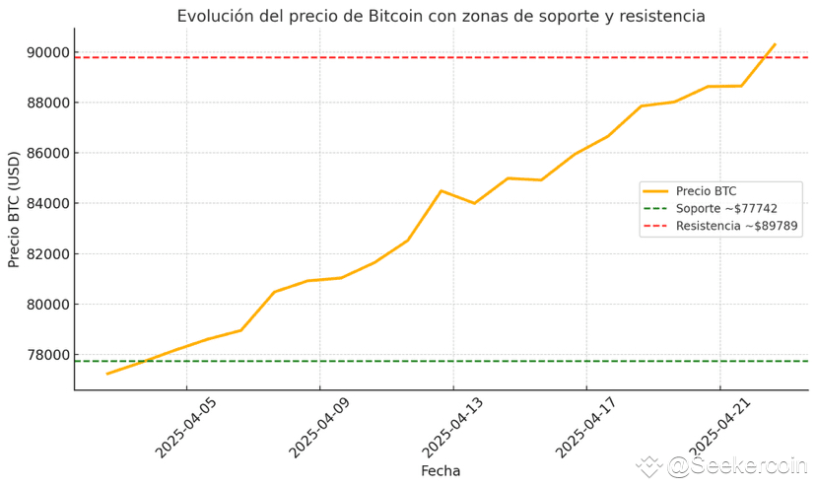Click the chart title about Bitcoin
click(x=441, y=16)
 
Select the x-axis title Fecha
click(x=441, y=471)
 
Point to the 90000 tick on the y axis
click(x=47, y=52)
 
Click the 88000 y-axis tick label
click(x=47, y=103)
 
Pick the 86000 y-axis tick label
click(x=47, y=153)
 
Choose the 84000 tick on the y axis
click(x=47, y=203)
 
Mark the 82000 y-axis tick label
click(x=47, y=253)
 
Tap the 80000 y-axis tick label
click(x=47, y=304)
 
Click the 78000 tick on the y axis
click(x=47, y=354)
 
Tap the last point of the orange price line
click(x=775, y=44)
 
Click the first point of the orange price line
click(x=107, y=374)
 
